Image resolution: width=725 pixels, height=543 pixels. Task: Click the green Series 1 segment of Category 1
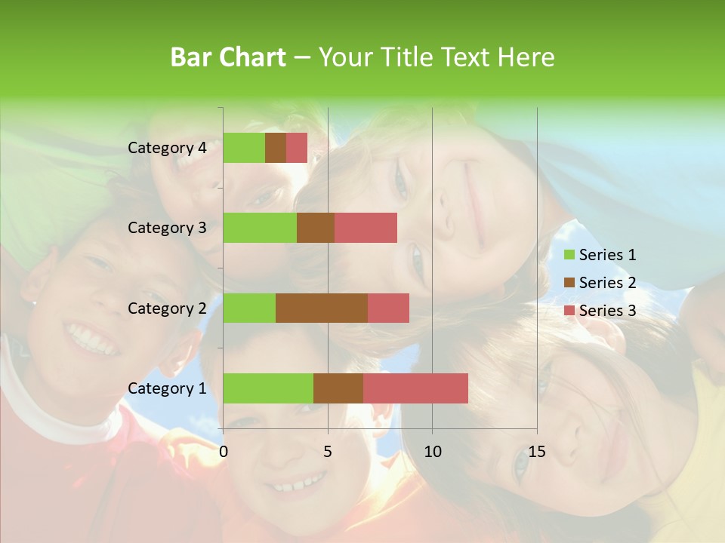click(268, 388)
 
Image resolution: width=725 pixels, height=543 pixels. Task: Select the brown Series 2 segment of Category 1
click(338, 388)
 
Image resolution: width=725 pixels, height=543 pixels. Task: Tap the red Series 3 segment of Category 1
click(415, 388)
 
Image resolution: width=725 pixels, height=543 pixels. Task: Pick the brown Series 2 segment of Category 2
click(322, 308)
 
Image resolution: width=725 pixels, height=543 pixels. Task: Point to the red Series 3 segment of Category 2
click(388, 308)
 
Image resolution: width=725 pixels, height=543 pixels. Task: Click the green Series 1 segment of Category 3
click(260, 228)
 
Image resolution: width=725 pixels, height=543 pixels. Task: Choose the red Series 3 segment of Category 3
click(366, 228)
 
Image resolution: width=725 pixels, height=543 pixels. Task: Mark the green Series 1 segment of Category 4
click(244, 148)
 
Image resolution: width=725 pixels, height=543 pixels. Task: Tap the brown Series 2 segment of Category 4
click(276, 148)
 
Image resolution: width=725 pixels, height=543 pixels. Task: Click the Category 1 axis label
click(167, 388)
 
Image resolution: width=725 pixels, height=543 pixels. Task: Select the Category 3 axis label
click(167, 228)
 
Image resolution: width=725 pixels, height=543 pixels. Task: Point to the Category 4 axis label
click(167, 148)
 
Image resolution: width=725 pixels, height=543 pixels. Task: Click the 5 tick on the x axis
click(328, 452)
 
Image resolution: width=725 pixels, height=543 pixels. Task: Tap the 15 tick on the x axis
click(536, 452)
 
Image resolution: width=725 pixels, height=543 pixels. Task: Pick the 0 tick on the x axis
click(224, 452)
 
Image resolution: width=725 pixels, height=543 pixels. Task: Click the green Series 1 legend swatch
click(569, 255)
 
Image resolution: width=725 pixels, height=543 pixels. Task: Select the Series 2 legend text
click(607, 283)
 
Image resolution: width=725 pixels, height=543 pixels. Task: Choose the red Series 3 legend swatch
click(569, 311)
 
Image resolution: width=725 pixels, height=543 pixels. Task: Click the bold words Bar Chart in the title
click(228, 57)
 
